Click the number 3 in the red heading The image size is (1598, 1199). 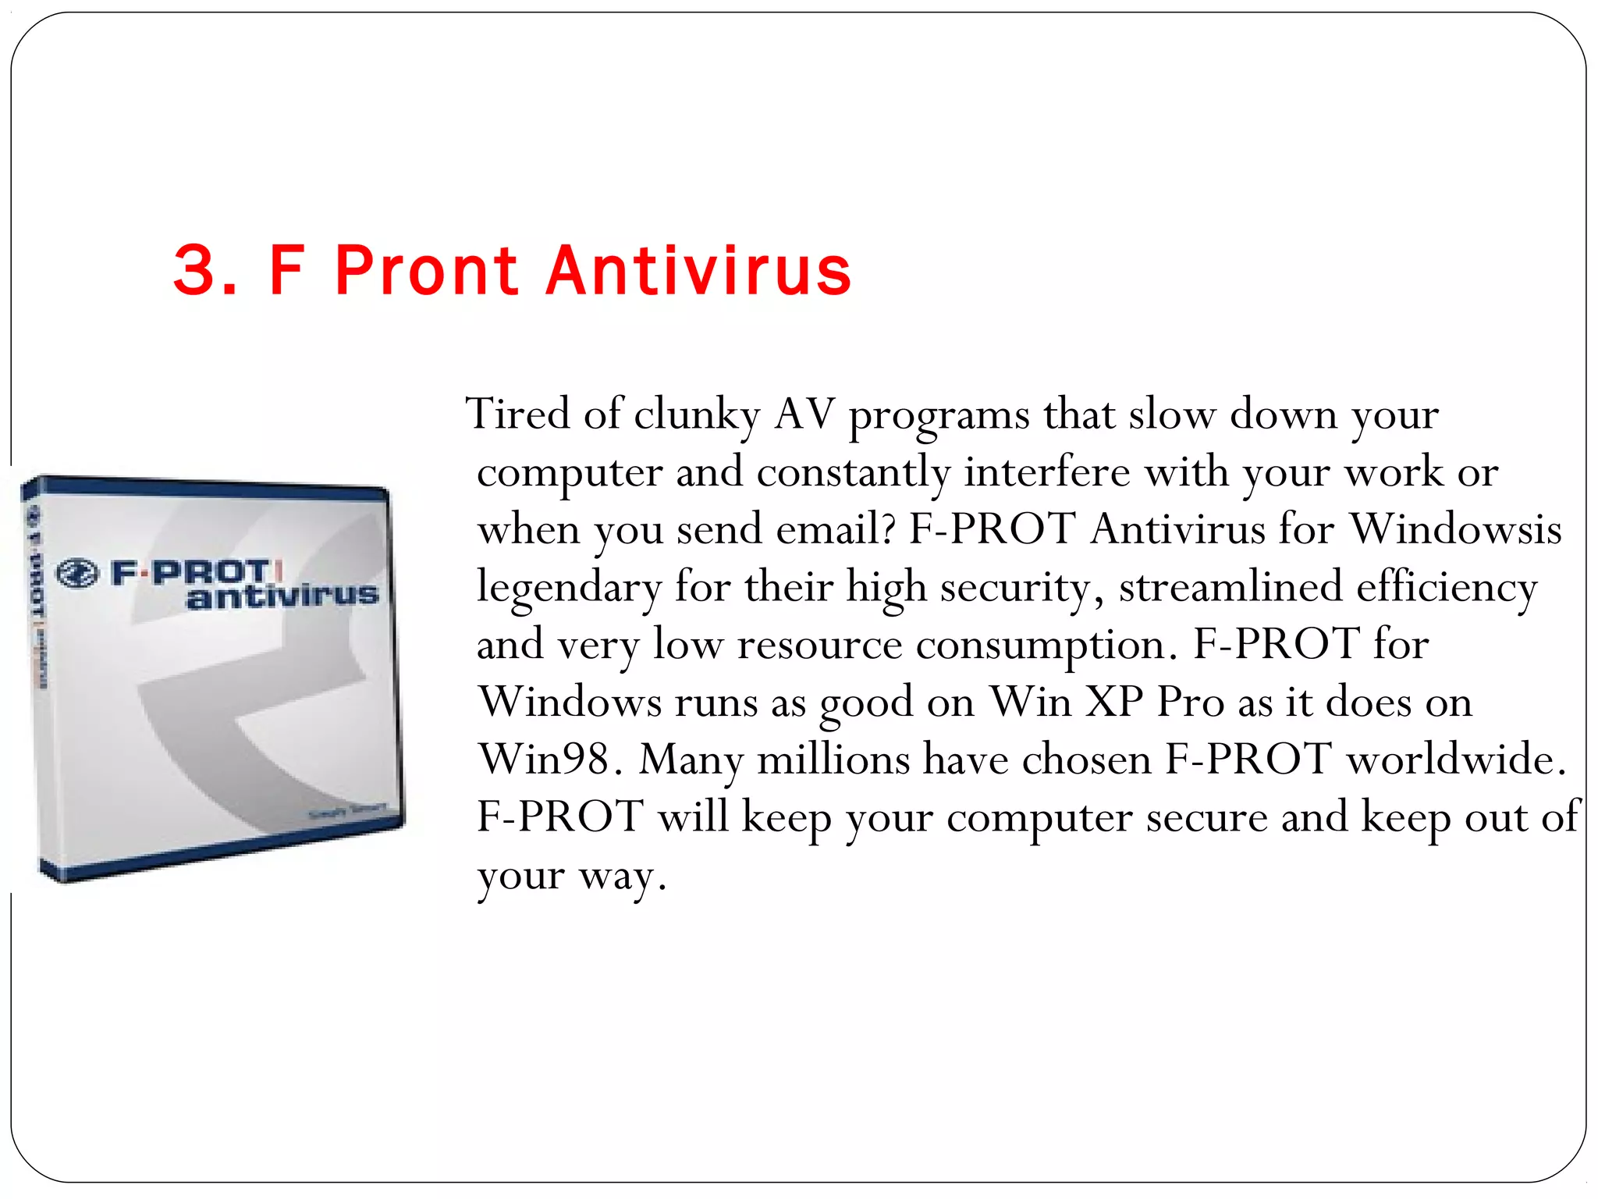194,270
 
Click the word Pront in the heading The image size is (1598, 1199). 426,270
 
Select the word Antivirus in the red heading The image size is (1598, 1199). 698,270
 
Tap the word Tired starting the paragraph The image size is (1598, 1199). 517,413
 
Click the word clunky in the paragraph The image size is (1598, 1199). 696,414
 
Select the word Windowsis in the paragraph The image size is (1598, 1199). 1455,528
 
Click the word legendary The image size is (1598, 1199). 569,587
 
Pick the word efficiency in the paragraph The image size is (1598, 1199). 1447,587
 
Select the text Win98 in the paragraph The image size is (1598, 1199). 545,758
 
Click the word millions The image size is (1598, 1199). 833,758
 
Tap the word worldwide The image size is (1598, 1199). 1456,758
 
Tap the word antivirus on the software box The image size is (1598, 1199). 282,596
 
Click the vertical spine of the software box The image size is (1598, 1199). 35,671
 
